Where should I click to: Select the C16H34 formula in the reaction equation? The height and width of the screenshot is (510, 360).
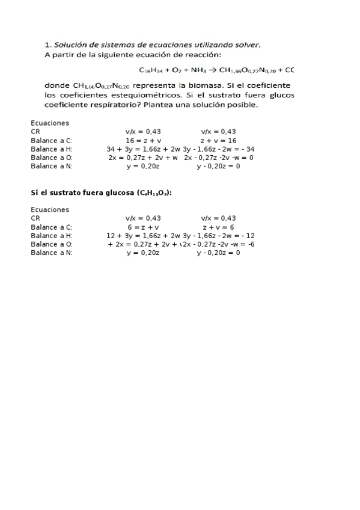[x=150, y=69]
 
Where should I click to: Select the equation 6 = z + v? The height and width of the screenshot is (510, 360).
[x=143, y=227]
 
